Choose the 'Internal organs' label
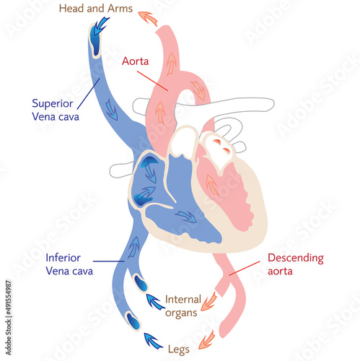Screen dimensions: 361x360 (183, 305)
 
